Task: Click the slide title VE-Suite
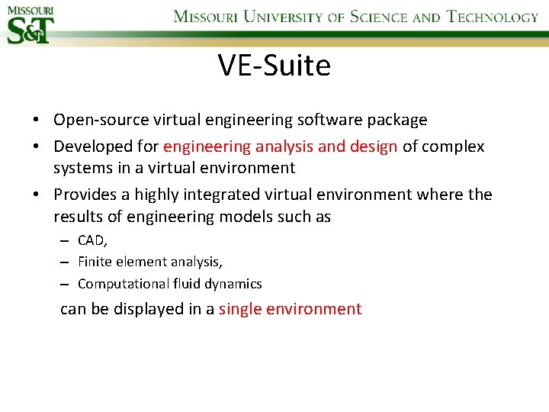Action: pos(274,66)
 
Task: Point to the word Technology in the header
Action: pos(492,17)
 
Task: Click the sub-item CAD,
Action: pos(93,240)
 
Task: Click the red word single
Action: pos(239,309)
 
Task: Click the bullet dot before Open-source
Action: pos(37,121)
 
